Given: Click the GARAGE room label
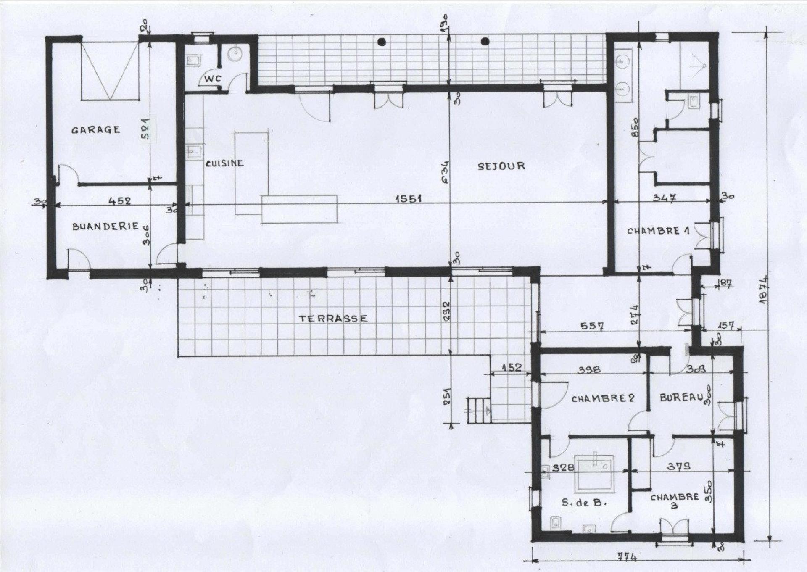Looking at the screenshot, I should click(x=95, y=130).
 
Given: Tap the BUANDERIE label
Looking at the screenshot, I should click(x=105, y=227).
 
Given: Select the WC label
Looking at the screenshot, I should click(x=213, y=79).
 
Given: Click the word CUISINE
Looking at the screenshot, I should click(x=224, y=163).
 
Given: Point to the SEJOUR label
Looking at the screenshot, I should click(x=501, y=166).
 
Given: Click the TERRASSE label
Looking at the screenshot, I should click(x=333, y=319).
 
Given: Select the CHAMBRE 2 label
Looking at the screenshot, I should click(x=603, y=398).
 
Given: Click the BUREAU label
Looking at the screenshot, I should click(x=681, y=397).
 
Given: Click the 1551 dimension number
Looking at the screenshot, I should click(x=408, y=198).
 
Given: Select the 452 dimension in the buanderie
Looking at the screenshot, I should click(x=120, y=201).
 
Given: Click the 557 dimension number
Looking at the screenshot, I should click(x=591, y=326).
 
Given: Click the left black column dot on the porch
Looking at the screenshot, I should click(x=382, y=41).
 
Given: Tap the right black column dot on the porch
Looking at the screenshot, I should click(x=485, y=41).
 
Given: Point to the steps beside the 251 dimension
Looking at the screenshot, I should click(x=477, y=410).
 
